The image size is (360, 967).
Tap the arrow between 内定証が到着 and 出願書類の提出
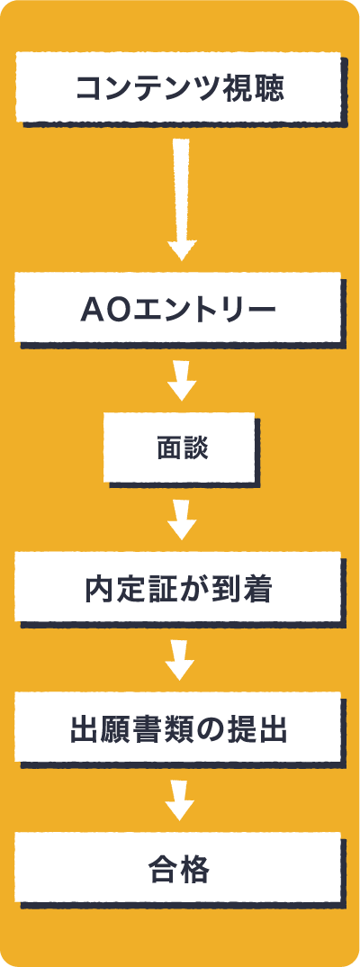pyautogui.click(x=181, y=661)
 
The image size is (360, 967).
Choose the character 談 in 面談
pyautogui.click(x=195, y=448)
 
